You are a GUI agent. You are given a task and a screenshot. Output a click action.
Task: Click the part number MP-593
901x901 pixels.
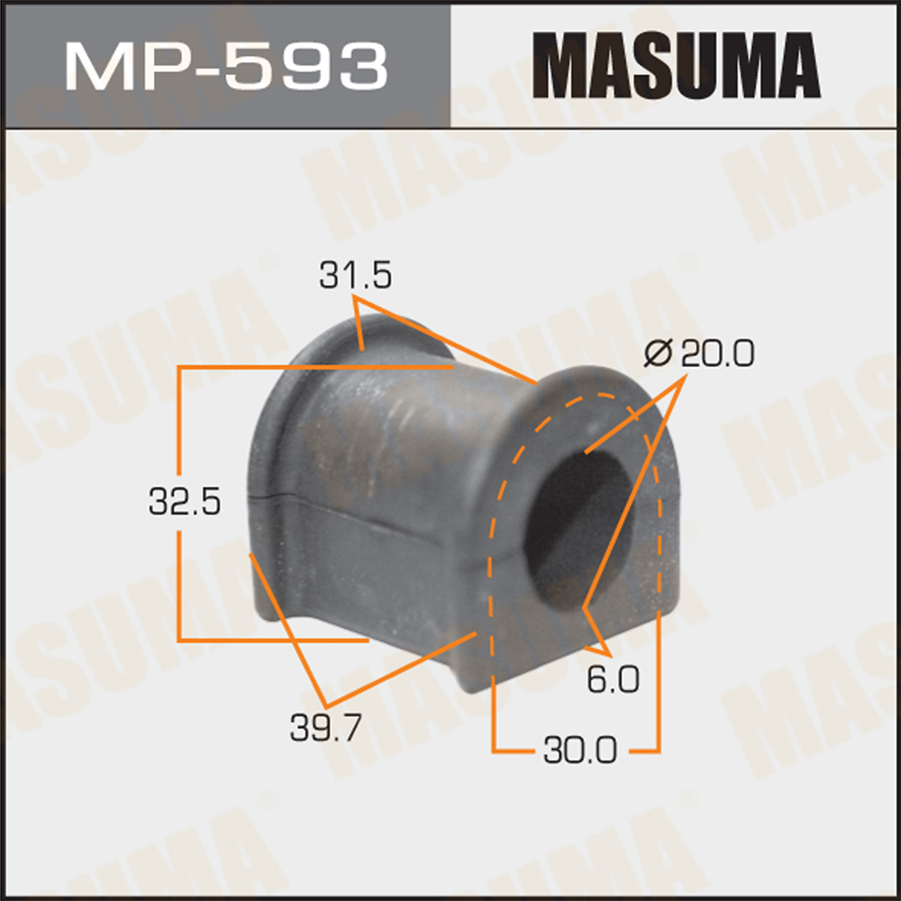[x=225, y=64]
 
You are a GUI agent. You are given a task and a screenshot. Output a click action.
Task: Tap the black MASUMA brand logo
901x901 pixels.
[x=675, y=64]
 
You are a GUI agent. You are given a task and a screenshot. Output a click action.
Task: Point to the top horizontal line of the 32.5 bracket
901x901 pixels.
[x=315, y=368]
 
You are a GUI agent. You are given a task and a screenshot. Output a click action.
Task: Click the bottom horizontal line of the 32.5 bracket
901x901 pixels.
[x=270, y=640]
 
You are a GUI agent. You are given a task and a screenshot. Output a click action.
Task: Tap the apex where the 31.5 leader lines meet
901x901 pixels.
[x=359, y=303]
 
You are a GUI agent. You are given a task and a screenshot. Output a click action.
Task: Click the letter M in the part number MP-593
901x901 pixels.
[x=92, y=64]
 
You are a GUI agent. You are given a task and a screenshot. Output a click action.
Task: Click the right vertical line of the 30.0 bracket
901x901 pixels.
[x=659, y=676]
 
